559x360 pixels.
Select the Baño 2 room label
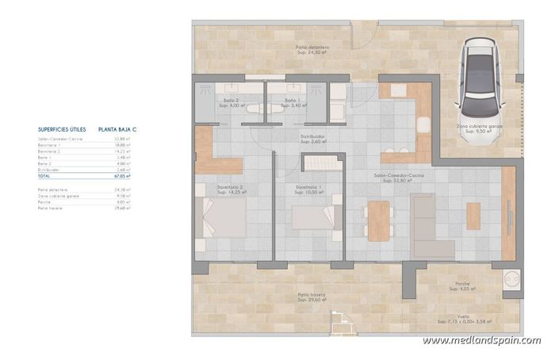(x=231, y=102)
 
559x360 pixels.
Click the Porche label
(x=462, y=285)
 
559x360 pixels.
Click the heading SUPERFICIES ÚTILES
(x=62, y=128)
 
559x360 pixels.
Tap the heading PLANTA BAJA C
(x=117, y=128)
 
